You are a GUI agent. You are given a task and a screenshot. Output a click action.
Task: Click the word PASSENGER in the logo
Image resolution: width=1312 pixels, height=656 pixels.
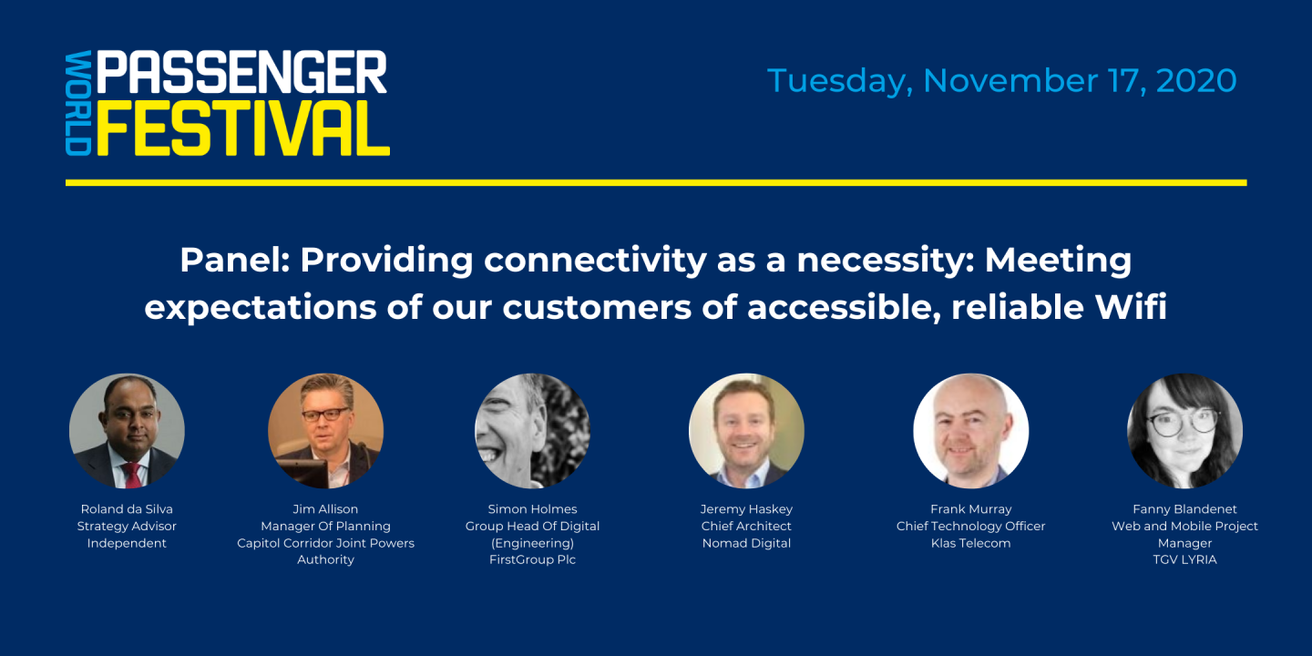[x=241, y=72]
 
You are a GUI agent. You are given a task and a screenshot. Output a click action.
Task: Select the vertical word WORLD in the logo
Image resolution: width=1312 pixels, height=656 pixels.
[x=78, y=103]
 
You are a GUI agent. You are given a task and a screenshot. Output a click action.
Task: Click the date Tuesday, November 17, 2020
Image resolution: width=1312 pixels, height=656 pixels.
[x=1001, y=80]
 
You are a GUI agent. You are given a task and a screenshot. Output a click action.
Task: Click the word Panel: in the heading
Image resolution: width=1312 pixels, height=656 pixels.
[x=235, y=261]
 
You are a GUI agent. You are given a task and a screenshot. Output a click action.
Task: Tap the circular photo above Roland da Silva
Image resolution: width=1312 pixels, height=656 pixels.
[x=127, y=431]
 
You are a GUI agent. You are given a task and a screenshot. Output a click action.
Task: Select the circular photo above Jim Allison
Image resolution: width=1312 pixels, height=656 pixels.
[x=325, y=431]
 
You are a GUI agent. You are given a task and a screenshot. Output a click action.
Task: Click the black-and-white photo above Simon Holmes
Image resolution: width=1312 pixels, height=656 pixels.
[x=532, y=431]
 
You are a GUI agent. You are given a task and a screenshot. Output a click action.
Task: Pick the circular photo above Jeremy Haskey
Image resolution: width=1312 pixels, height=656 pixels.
[x=746, y=431]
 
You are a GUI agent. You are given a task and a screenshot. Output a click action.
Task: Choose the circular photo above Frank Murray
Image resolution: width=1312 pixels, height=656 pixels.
[x=970, y=431]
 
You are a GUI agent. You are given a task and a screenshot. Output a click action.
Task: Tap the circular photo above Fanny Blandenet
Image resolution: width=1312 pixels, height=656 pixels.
[x=1184, y=431]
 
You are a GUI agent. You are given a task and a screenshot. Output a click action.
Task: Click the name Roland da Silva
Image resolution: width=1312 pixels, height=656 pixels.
[x=127, y=509]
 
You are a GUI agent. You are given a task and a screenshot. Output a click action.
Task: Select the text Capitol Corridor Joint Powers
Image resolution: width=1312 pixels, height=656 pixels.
[x=325, y=543]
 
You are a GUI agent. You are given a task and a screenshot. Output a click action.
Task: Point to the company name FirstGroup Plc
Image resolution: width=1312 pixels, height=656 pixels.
[x=532, y=559]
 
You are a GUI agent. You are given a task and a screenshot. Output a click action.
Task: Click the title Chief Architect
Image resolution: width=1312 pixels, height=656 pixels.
[x=746, y=526]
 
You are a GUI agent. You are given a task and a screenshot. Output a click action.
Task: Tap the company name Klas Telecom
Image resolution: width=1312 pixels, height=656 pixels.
[x=970, y=543]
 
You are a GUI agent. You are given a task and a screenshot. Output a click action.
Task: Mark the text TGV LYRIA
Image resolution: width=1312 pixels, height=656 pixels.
[x=1184, y=559]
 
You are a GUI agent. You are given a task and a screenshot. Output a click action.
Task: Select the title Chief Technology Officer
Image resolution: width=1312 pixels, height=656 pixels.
[x=970, y=526]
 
